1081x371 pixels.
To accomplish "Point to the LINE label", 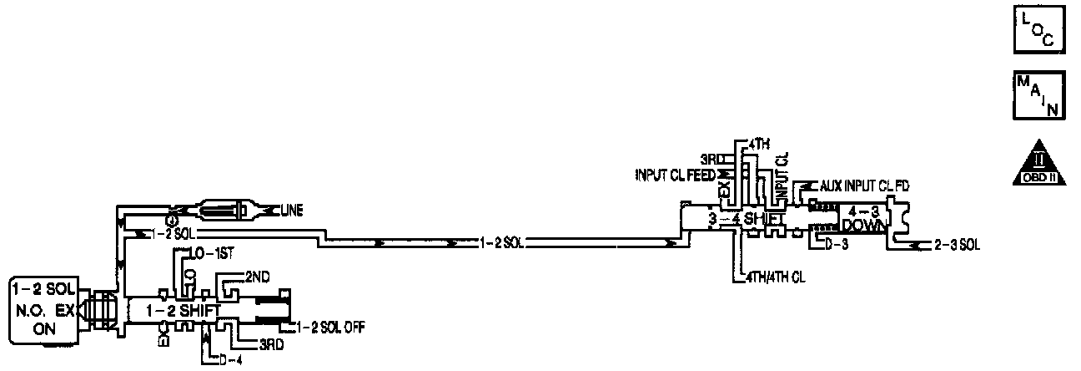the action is (291, 211).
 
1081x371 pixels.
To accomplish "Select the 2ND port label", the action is (255, 275).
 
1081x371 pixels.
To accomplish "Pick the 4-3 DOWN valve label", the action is (862, 218).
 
